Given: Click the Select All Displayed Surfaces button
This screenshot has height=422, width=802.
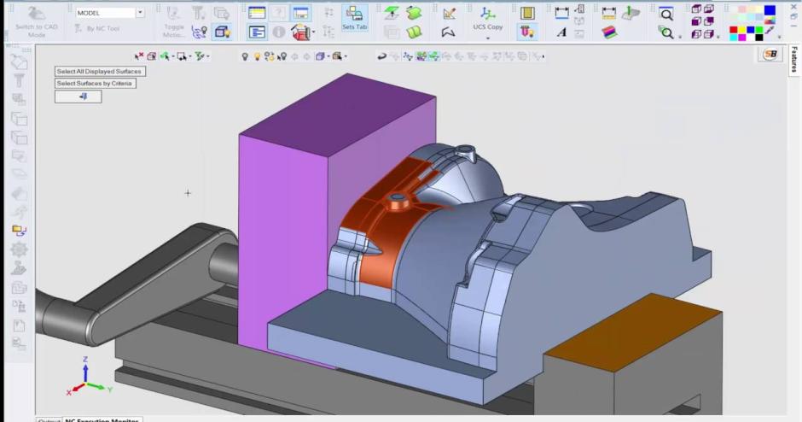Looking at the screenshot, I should pos(99,71).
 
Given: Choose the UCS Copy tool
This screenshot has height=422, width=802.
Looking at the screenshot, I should pos(488,19).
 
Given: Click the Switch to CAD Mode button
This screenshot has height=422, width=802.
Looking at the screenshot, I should pos(36,20).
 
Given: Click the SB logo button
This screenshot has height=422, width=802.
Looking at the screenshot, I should pos(770,54).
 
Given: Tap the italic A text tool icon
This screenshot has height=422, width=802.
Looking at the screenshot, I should pos(561,32).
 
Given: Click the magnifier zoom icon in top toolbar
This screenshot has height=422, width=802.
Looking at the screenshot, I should pos(665,15).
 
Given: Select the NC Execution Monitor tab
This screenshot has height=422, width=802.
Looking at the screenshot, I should pos(102,419).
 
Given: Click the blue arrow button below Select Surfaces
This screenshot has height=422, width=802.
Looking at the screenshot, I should pos(82,97).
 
